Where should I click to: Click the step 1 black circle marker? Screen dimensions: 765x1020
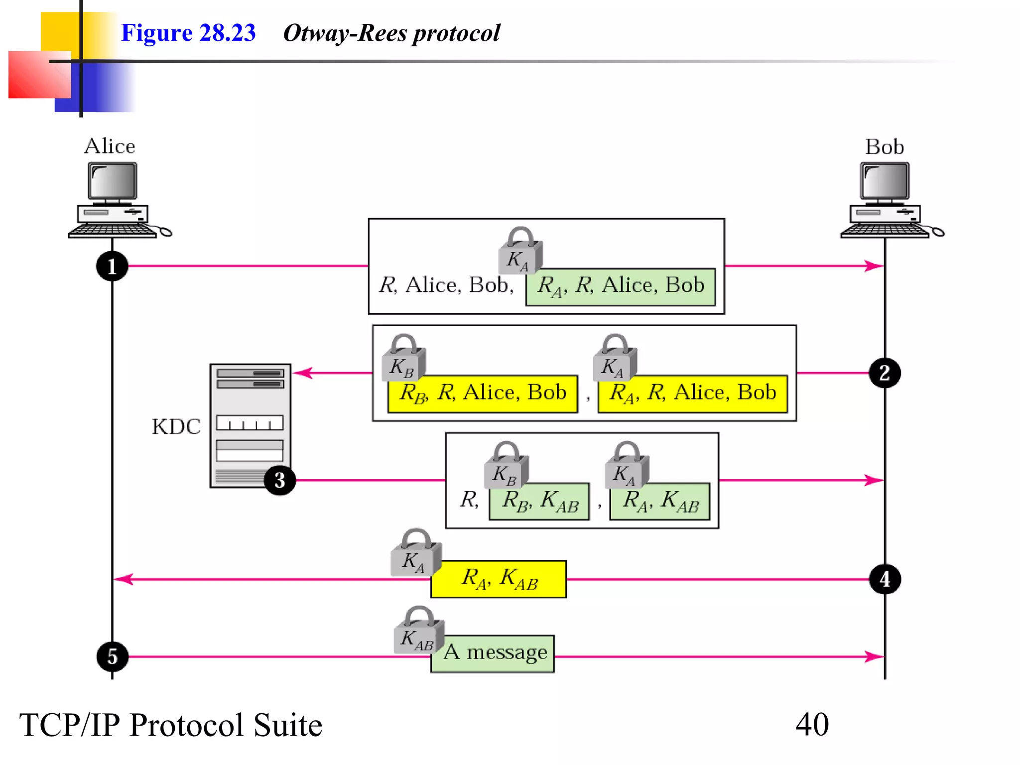[112, 266]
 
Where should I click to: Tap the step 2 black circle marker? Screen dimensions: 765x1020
[885, 373]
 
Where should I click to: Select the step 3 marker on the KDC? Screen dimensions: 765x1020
[279, 480]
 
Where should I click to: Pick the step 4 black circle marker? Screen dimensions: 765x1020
[885, 579]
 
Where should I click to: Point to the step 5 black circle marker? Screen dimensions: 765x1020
[112, 656]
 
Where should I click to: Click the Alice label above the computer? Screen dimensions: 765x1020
[110, 146]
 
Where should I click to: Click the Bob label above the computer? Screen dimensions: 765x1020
[885, 147]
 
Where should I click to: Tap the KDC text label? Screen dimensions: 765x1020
[176, 427]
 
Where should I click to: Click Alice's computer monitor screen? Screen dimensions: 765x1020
[113, 181]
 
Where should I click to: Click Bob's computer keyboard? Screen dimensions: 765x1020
[884, 231]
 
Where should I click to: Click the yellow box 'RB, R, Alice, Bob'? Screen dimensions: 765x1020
[482, 394]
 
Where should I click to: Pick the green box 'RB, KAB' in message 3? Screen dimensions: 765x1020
[539, 502]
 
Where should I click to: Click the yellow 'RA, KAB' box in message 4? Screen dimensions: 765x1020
[499, 579]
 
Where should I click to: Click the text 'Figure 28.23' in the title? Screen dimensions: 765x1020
[188, 33]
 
